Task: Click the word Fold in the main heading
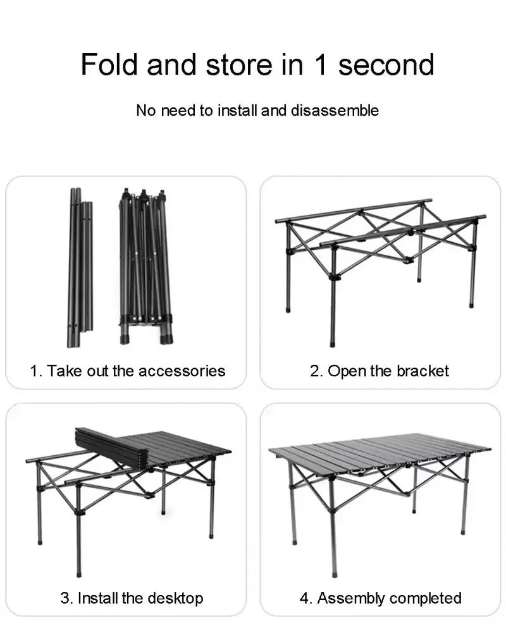(109, 65)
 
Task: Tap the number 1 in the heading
(319, 65)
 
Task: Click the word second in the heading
(386, 65)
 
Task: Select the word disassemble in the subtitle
(335, 111)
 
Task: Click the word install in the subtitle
(237, 111)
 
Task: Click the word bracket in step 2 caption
(423, 370)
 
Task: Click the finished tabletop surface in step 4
(379, 452)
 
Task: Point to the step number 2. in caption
(316, 370)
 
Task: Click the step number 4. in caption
(305, 597)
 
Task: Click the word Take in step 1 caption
(60, 370)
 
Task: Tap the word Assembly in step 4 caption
(351, 597)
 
